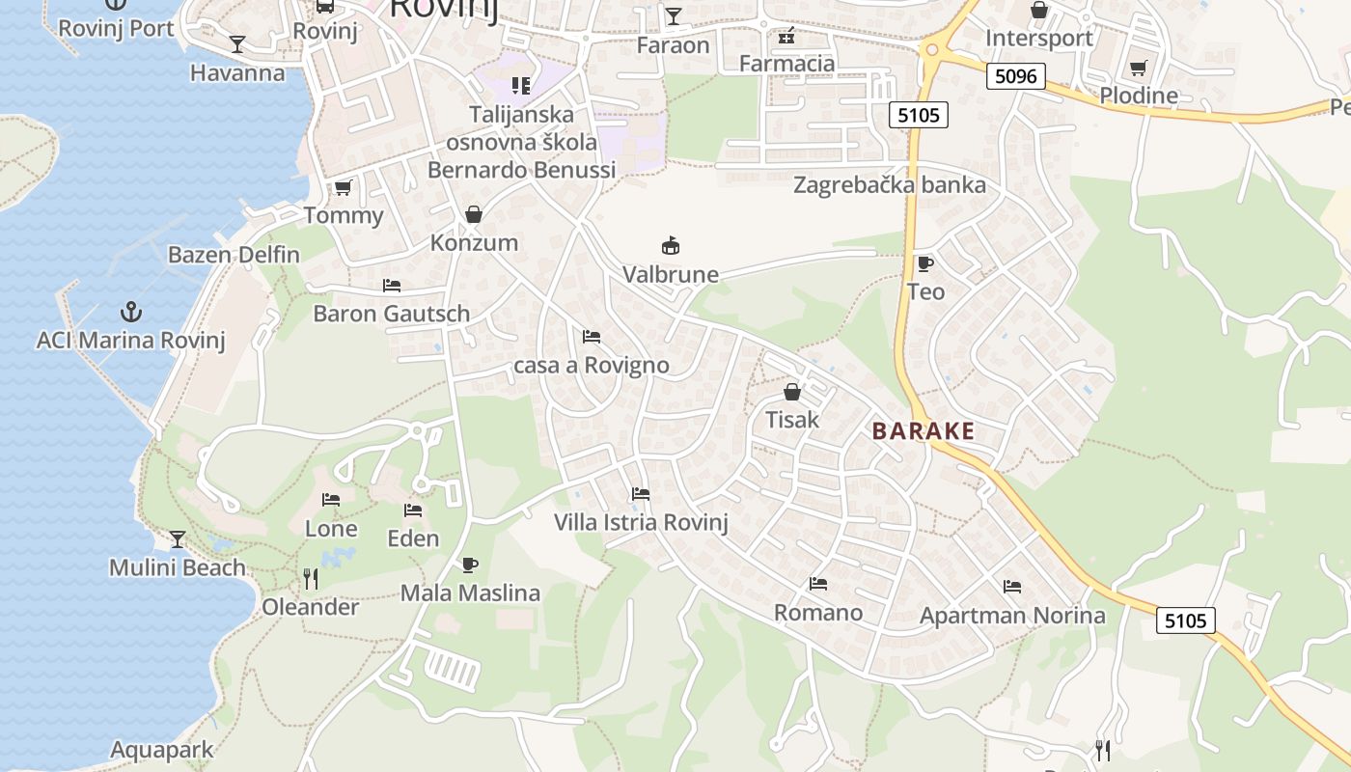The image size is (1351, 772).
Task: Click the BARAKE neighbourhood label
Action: coord(924,431)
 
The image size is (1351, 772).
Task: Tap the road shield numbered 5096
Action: coord(1016,76)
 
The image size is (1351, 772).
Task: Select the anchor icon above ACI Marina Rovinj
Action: coord(130,312)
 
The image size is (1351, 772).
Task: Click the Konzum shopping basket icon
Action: coord(474,214)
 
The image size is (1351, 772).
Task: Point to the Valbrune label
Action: coord(671,275)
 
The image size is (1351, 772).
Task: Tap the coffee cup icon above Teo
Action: coord(924,263)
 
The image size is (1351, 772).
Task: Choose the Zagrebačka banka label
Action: coord(889,185)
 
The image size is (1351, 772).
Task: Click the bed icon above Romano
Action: coord(818,584)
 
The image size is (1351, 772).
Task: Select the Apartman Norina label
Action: coord(1012,616)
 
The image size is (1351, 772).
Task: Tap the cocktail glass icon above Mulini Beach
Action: coord(178,538)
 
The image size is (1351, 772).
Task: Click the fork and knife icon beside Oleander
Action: coord(311,579)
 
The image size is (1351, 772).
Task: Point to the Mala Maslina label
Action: coord(470,593)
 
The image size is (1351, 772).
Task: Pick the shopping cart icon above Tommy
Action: coord(343,187)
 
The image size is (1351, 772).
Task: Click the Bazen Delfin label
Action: coord(234,256)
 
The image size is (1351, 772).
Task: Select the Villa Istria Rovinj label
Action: coord(641,523)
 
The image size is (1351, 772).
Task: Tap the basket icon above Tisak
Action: coord(792,392)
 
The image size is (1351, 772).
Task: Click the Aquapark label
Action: coord(162,750)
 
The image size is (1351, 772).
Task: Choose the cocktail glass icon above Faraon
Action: coord(673,16)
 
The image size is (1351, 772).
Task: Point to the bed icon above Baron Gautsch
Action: coord(392,286)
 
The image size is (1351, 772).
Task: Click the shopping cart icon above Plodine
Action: coord(1139,68)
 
